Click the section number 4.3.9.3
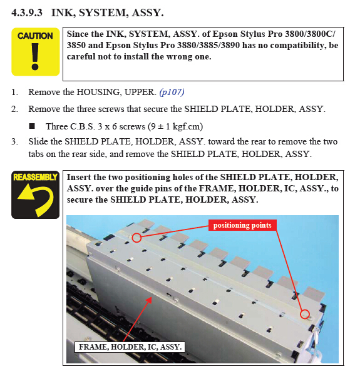(x=27, y=13)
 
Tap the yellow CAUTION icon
(x=36, y=52)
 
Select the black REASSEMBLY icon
(x=36, y=194)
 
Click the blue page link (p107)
(x=172, y=93)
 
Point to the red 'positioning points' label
(x=242, y=225)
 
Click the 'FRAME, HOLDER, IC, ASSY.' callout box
(x=130, y=347)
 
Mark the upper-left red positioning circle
(x=136, y=238)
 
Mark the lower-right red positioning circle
(x=305, y=314)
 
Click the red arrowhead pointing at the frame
(x=149, y=300)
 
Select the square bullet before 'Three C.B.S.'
(x=32, y=126)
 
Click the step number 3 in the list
(x=14, y=142)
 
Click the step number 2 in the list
(x=14, y=109)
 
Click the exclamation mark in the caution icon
(x=35, y=56)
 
